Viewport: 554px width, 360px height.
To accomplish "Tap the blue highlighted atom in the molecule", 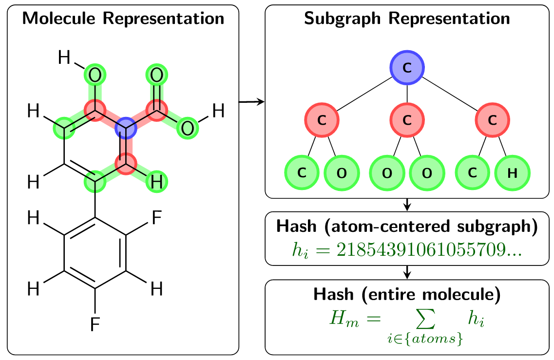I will pos(126,129).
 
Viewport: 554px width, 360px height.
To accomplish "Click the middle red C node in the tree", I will pos(407,119).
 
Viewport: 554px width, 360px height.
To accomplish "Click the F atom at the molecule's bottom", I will pos(95,323).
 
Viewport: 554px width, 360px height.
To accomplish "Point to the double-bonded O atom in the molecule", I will pos(157,76).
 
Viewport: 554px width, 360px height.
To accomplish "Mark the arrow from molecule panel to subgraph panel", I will pos(251,101).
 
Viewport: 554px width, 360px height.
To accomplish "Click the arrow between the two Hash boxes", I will pos(407,273).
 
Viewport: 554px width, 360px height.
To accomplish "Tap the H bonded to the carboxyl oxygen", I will pos(218,112).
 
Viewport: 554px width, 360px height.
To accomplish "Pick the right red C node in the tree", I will pos(492,119).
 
